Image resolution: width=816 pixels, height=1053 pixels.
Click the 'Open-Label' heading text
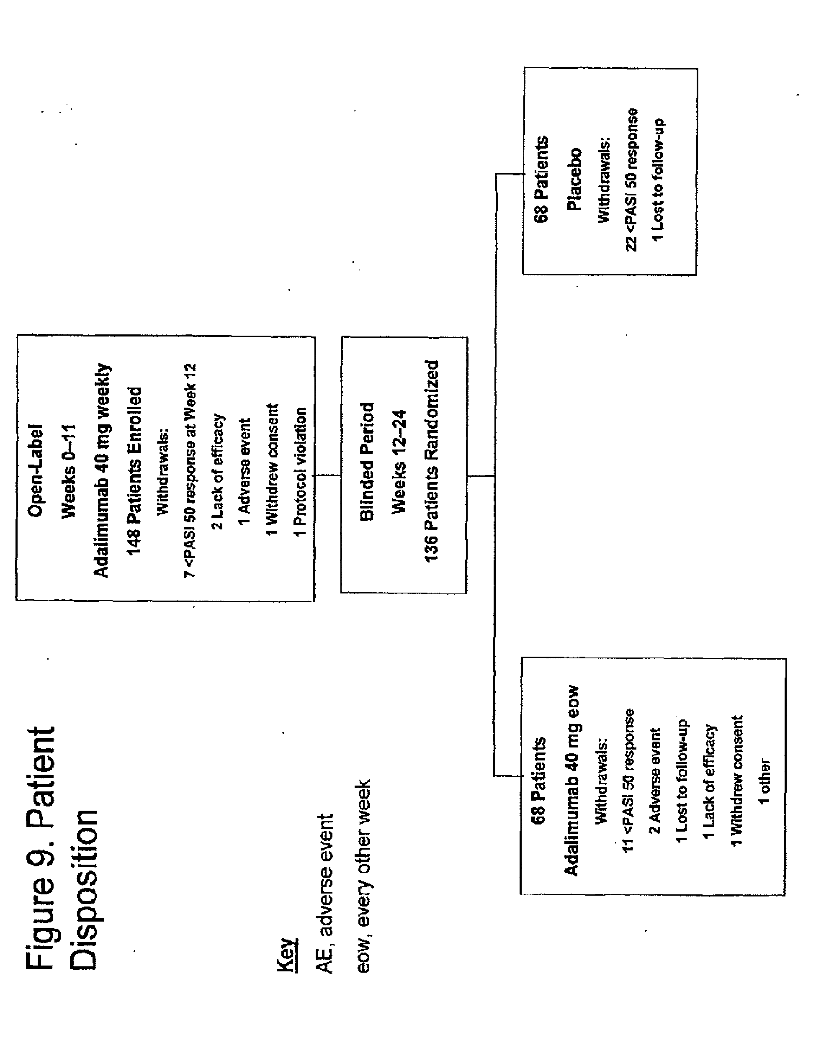click(36, 470)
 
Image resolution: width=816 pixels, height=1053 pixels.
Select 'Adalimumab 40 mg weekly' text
click(102, 470)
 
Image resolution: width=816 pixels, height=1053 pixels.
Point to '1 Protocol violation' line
click(300, 473)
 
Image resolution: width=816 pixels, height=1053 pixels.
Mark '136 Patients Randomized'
click(431, 461)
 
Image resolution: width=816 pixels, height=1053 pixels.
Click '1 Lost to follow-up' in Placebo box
click(659, 180)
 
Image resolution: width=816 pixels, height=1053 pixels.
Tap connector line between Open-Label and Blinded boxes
click(328, 475)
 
